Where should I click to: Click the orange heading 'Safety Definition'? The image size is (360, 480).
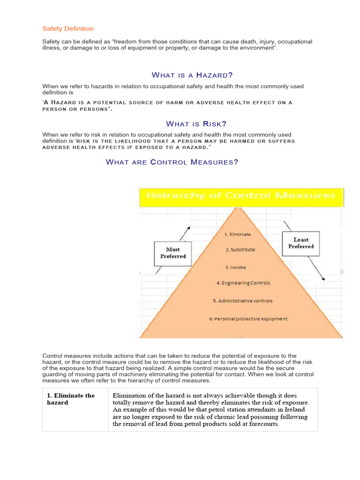tap(68, 29)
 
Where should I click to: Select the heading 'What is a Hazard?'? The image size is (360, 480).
tap(193, 75)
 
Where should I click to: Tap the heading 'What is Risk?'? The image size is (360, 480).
tap(196, 124)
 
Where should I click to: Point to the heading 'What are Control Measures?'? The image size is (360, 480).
tap(172, 162)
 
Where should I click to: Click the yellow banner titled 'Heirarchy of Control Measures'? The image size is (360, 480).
tap(241, 196)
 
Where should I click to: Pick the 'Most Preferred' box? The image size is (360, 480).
tap(173, 253)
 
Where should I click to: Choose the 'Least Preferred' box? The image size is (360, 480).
tap(301, 243)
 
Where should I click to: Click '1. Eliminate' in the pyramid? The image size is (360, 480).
tap(238, 234)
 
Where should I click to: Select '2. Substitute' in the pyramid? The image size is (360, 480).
tap(240, 250)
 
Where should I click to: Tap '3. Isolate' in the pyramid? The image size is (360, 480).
tap(235, 267)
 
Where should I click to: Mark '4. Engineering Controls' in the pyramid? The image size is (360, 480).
tap(243, 283)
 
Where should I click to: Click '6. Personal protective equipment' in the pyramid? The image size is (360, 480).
tap(248, 319)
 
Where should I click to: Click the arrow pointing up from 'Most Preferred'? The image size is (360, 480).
tap(185, 233)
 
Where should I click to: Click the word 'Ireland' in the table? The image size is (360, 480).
tap(294, 410)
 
